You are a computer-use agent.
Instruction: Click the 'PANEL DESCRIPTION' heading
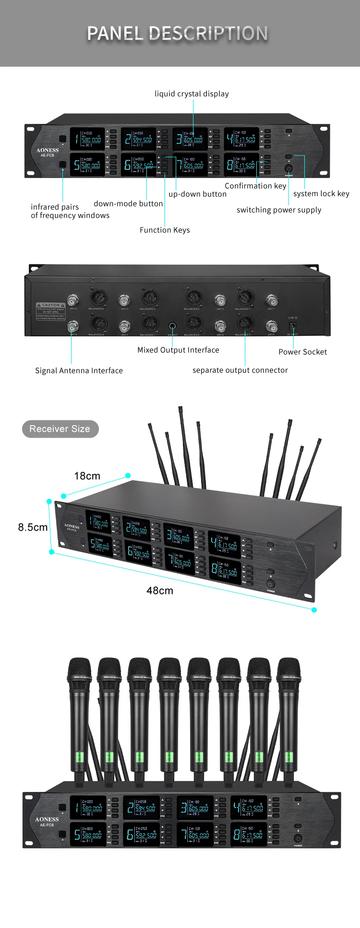[177, 33]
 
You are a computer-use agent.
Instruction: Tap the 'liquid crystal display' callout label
[192, 94]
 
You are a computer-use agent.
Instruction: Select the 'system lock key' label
[321, 193]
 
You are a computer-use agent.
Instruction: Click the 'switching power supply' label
[279, 210]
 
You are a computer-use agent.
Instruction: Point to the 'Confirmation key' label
[255, 186]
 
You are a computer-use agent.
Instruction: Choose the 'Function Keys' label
[165, 230]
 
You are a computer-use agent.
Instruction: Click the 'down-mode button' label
[128, 203]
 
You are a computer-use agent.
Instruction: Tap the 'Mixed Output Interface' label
[178, 350]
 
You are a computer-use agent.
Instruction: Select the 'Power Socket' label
[302, 352]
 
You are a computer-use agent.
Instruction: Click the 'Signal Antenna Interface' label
[79, 370]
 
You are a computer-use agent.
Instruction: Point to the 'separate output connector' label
[240, 370]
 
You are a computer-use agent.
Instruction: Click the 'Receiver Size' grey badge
[60, 429]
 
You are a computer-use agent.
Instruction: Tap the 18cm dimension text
[87, 476]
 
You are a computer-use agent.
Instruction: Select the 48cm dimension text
[160, 591]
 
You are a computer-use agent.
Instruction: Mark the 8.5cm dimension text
[33, 527]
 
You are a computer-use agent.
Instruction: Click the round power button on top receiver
[288, 168]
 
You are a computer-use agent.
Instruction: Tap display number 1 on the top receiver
[88, 139]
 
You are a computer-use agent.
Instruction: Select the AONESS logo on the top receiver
[48, 150]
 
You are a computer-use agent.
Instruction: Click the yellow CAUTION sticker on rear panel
[51, 308]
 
